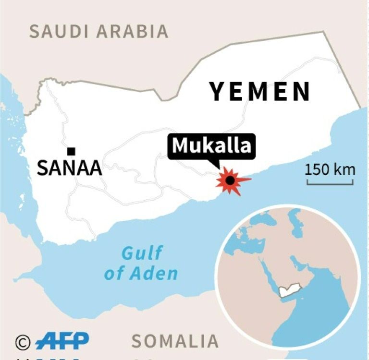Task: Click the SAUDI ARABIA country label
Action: (99, 31)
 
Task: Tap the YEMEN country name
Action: (260, 92)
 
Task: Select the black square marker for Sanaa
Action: (71, 152)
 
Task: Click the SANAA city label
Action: (70, 168)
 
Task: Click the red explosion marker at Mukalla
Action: (231, 181)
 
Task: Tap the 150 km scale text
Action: (330, 169)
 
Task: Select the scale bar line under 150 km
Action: (330, 183)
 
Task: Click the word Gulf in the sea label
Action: (142, 252)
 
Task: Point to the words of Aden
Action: (141, 274)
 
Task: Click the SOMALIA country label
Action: (175, 341)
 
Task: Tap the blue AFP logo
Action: (62, 341)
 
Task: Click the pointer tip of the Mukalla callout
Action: (219, 168)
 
